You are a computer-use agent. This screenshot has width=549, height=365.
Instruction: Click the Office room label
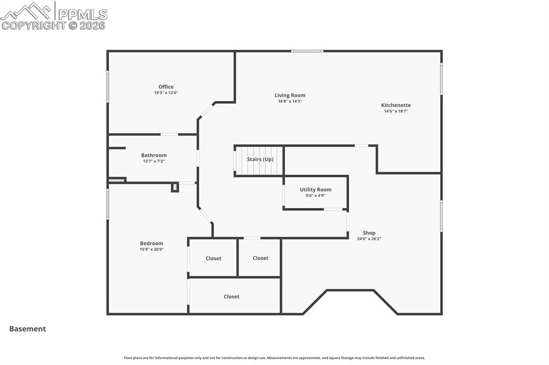pyautogui.click(x=166, y=87)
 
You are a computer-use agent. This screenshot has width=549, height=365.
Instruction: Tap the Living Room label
pyautogui.click(x=290, y=95)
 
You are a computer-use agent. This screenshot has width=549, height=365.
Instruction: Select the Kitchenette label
pyautogui.click(x=396, y=105)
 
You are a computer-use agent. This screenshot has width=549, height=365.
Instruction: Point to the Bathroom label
pyautogui.click(x=154, y=155)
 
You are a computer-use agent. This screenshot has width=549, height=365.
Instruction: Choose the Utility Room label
pyautogui.click(x=315, y=189)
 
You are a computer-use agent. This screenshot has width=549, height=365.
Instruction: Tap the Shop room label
pyautogui.click(x=369, y=233)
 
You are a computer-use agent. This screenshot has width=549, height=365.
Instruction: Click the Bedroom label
pyautogui.click(x=151, y=243)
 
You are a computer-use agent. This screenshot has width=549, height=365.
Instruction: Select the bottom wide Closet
pyautogui.click(x=232, y=296)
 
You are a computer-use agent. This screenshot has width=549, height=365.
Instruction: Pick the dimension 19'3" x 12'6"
pyautogui.click(x=166, y=93)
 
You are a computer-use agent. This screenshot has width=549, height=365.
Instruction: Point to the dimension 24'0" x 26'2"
pyautogui.click(x=369, y=239)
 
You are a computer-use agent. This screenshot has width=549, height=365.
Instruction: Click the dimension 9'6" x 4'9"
pyautogui.click(x=315, y=196)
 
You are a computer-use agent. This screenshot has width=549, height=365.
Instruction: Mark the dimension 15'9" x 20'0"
pyautogui.click(x=151, y=249)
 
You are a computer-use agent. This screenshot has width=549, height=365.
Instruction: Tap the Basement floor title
pyautogui.click(x=27, y=329)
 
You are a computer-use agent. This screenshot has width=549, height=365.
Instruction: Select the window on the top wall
pyautogui.click(x=307, y=51)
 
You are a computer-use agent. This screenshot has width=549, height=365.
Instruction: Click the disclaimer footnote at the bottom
pyautogui.click(x=274, y=358)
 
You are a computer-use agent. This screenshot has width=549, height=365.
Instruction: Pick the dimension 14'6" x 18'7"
pyautogui.click(x=396, y=111)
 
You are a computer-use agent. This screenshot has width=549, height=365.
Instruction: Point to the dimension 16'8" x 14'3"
pyautogui.click(x=290, y=102)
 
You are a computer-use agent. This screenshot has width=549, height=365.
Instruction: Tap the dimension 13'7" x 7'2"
pyautogui.click(x=154, y=162)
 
